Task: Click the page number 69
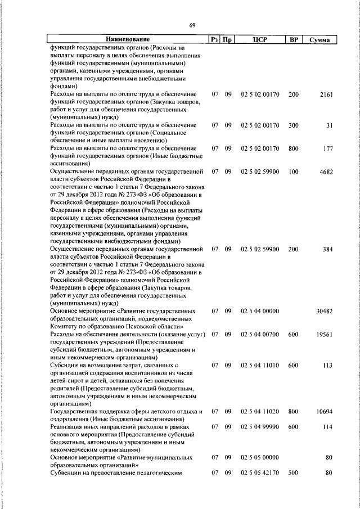pos(192,25)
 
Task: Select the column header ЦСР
pos(259,39)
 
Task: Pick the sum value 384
pos(328,248)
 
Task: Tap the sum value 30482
pos(325,310)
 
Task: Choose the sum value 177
pos(328,148)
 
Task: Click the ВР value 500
pos(293,473)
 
